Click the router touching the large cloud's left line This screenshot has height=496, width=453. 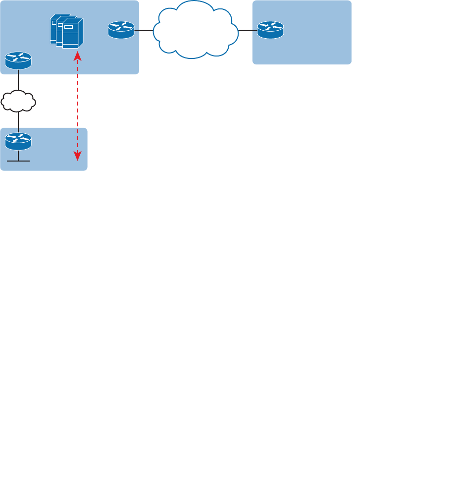[121, 30]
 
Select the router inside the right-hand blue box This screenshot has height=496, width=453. [270, 30]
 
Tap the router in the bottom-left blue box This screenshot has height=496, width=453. [18, 142]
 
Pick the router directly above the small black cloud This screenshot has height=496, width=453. [18, 60]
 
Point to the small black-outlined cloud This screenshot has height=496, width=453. [18, 101]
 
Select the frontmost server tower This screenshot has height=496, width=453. [72, 34]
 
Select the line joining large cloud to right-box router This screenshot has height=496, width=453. [248, 31]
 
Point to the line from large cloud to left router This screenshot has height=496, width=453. [144, 31]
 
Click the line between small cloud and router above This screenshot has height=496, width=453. [18, 80]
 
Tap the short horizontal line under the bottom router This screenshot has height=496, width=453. [18, 161]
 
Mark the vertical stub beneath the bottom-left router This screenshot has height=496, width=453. [18, 156]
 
